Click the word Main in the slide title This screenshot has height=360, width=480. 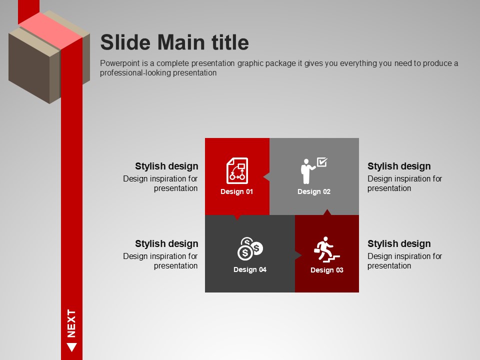180,42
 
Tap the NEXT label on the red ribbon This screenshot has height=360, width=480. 71,323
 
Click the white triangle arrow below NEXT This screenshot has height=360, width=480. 71,347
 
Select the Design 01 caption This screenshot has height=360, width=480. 236,191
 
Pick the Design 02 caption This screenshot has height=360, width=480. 314,191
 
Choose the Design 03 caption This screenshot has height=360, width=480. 326,270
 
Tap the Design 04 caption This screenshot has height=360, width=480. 250,269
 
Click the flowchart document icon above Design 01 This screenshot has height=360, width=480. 237,171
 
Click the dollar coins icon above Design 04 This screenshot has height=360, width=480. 250,248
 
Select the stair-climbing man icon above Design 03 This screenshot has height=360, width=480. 326,249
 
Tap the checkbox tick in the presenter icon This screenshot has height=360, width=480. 322,161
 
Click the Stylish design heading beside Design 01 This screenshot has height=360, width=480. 166,166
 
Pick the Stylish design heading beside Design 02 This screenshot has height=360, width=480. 399,166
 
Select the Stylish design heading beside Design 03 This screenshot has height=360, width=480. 399,243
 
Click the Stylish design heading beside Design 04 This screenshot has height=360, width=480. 166,243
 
